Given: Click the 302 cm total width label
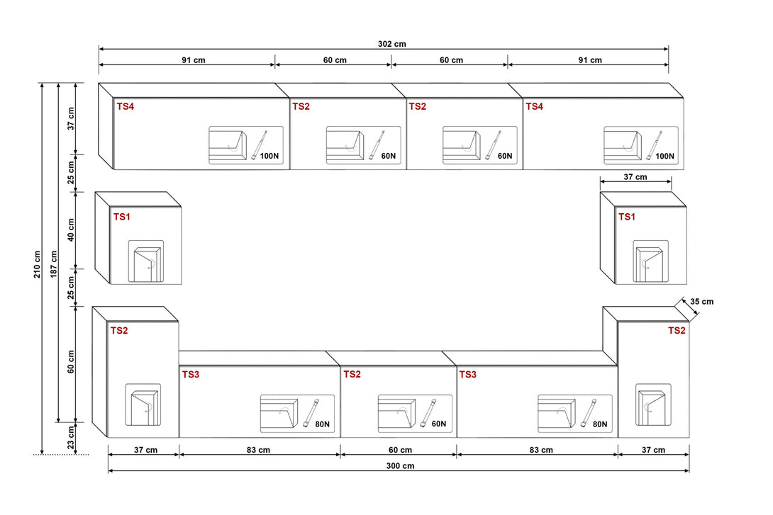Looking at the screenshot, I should [391, 44].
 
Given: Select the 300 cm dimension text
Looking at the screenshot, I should [401, 465].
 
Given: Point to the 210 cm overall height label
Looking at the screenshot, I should [37, 264].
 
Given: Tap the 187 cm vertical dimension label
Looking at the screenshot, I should [53, 264].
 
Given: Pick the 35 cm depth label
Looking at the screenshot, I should [701, 302].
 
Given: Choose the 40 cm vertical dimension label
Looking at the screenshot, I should [71, 231].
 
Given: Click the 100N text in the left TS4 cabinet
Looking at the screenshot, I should [269, 156].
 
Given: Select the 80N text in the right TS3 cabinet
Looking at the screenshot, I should [599, 424].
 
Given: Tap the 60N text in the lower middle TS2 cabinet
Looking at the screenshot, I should [438, 424].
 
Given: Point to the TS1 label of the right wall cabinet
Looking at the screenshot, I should [626, 217].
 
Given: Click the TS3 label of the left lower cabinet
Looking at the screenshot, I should [191, 374].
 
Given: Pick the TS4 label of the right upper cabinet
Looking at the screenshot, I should [534, 106].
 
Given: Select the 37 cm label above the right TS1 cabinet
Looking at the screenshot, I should [635, 177].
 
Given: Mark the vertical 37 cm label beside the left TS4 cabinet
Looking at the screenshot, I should [71, 119].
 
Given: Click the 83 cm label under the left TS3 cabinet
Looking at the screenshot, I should [259, 450].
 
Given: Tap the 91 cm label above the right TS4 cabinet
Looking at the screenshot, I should [589, 60].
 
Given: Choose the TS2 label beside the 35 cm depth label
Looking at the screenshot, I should [677, 331].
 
